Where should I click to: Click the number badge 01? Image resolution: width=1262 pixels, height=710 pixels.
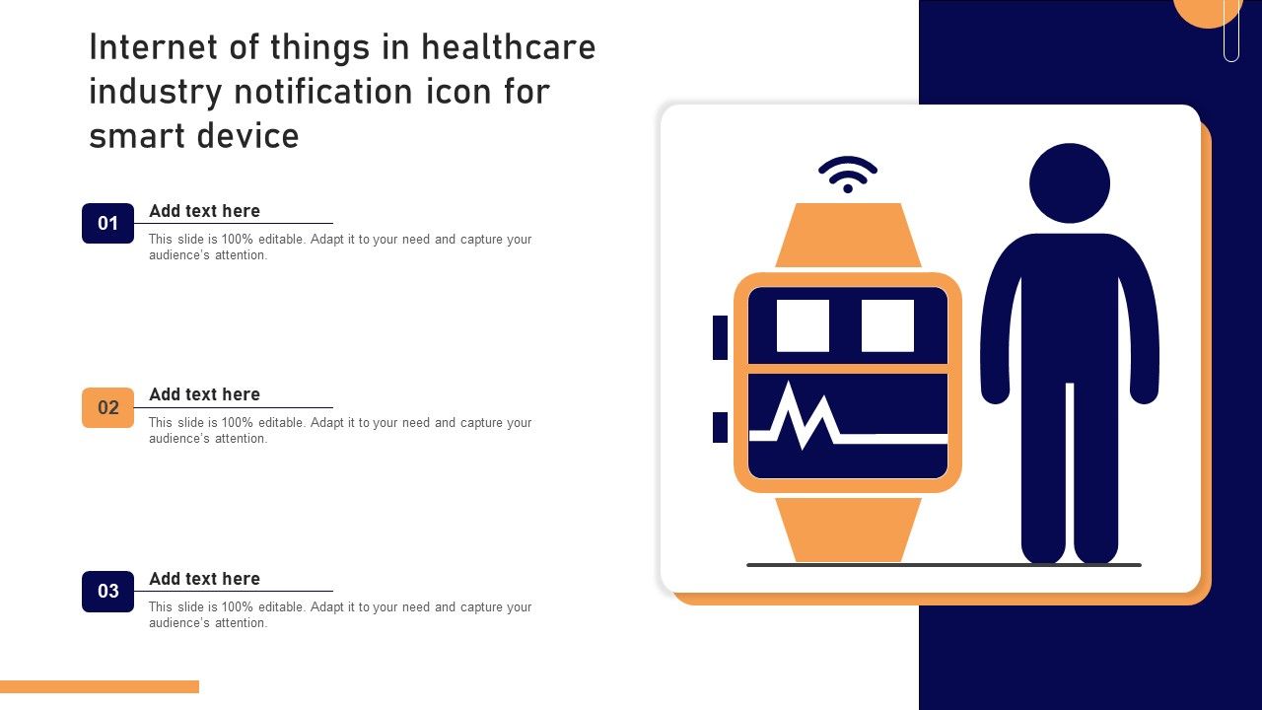click(107, 223)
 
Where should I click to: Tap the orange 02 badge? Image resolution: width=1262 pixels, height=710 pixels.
click(107, 407)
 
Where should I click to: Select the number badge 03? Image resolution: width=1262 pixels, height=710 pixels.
click(107, 591)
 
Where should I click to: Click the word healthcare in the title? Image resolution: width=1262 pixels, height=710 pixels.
click(508, 46)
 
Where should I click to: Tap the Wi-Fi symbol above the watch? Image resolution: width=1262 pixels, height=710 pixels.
click(847, 175)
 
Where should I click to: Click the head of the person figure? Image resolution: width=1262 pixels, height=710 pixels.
click(1070, 183)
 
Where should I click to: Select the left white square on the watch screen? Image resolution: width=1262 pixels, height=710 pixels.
click(803, 325)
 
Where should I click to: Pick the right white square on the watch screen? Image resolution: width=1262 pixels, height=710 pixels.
click(888, 325)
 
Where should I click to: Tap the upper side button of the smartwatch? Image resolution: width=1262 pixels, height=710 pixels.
click(720, 337)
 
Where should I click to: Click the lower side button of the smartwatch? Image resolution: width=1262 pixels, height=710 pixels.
click(720, 427)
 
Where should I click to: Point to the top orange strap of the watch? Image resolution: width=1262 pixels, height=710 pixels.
click(848, 235)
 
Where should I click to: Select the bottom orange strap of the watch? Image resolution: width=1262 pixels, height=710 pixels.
click(848, 530)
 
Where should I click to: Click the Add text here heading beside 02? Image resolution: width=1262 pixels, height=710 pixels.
click(204, 394)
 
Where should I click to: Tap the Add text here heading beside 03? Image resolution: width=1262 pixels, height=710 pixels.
click(204, 579)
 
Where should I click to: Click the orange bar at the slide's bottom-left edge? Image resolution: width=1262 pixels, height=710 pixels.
click(100, 686)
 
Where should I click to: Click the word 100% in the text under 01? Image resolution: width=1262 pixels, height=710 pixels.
click(238, 239)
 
